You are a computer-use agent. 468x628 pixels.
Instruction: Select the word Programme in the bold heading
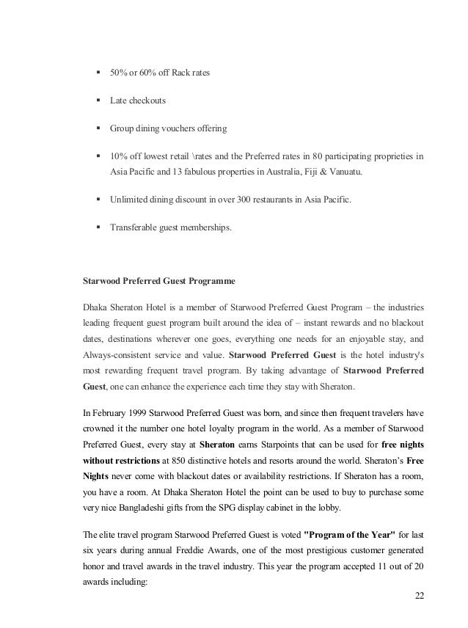click(x=208, y=280)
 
